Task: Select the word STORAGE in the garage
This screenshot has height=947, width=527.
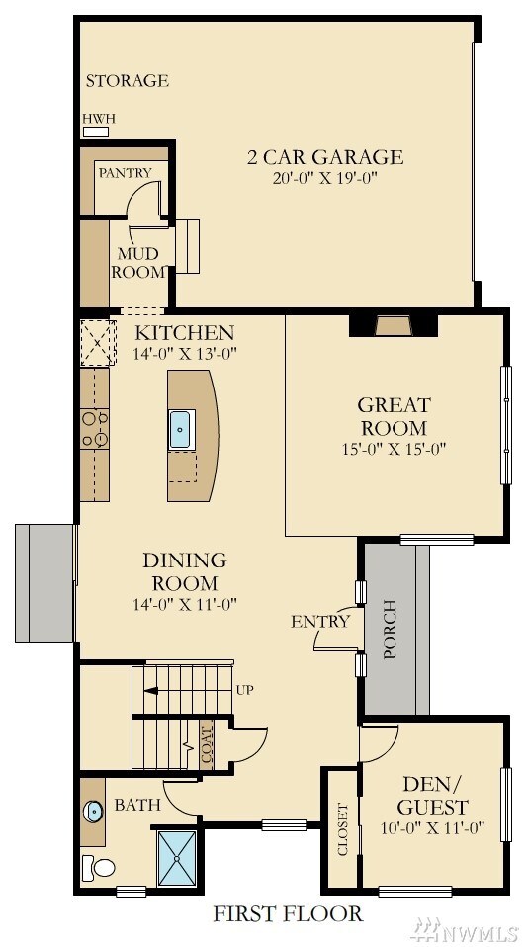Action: tap(127, 81)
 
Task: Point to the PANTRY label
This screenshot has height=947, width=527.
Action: tap(125, 173)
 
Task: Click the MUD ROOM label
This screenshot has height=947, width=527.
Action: tap(138, 262)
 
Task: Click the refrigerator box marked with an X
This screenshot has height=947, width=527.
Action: tap(98, 342)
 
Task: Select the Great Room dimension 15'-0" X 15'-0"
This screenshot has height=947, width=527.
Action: tap(394, 449)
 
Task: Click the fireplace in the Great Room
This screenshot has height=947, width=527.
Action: tap(394, 325)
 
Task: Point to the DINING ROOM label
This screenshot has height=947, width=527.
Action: tap(184, 572)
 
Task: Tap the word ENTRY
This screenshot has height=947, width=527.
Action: tap(320, 622)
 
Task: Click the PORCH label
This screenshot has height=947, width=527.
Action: tap(390, 629)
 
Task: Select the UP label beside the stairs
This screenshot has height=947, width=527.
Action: tap(244, 689)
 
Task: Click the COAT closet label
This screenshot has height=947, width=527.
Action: tap(207, 745)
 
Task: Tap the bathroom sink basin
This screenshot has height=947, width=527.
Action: tap(94, 812)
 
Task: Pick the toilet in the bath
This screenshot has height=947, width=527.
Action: tap(98, 868)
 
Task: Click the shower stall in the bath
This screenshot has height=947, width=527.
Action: tap(178, 858)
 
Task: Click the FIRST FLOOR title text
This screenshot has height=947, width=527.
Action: tap(288, 914)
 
